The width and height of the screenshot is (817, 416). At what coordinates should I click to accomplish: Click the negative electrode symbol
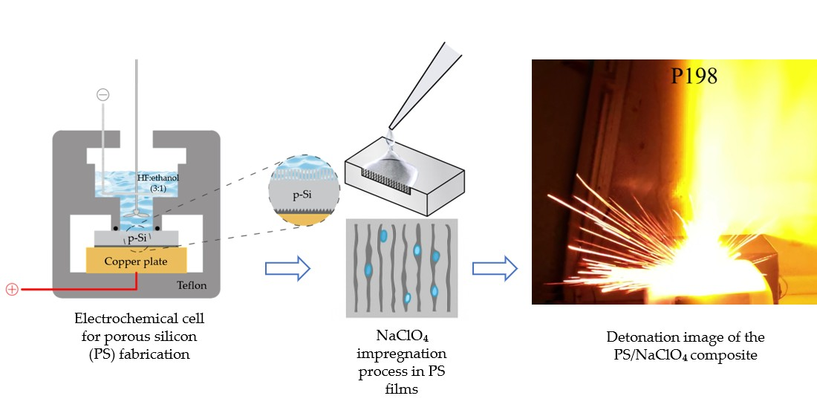click(103, 94)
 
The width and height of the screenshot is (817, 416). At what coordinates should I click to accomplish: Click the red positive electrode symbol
click(12, 289)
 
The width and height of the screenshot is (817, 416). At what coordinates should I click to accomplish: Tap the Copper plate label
click(136, 261)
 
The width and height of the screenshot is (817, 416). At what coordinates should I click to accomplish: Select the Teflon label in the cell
click(192, 285)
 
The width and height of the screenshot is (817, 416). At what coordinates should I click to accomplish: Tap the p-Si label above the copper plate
click(136, 238)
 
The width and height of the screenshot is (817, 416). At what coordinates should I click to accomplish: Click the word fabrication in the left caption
click(154, 354)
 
